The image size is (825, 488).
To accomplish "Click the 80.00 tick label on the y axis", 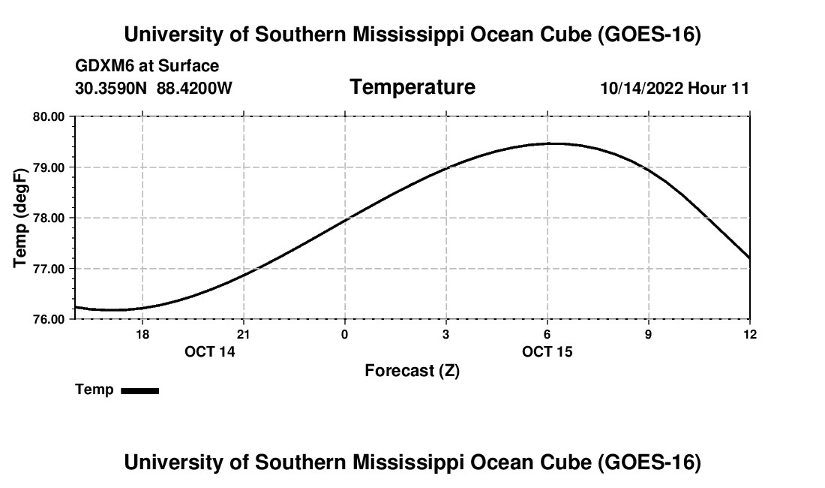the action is [x=49, y=117].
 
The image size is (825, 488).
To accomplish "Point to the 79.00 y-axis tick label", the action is [x=49, y=167].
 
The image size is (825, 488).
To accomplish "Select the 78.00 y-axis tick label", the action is [x=49, y=218].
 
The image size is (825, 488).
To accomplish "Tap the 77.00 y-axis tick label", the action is [x=49, y=269].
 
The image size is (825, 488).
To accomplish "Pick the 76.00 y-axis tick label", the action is [x=49, y=320].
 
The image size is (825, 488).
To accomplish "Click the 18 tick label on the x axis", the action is [x=142, y=334].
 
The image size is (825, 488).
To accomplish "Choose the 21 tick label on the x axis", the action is [x=243, y=334].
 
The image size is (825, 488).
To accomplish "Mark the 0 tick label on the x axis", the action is [x=345, y=334].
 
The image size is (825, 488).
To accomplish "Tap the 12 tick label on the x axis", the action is [x=750, y=334].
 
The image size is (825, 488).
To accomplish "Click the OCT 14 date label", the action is [x=209, y=351].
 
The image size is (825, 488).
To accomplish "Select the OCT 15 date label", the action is [x=547, y=351].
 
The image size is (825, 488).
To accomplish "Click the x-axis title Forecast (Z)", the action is [x=412, y=371].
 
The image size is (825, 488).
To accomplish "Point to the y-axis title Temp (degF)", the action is [x=20, y=218].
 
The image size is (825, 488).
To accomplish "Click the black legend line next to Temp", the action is [x=140, y=390].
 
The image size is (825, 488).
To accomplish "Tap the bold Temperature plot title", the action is [x=412, y=87].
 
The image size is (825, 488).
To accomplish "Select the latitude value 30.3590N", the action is [x=111, y=88].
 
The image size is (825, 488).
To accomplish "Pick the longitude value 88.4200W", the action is [x=194, y=88].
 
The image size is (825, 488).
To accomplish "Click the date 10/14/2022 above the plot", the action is [x=642, y=88].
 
